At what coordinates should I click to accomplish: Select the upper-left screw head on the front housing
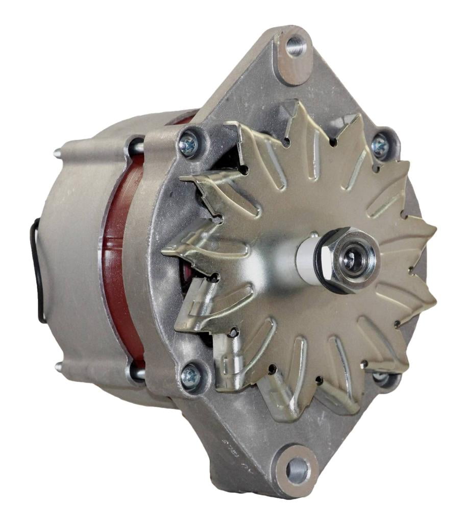188,146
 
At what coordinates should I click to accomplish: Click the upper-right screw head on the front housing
380,146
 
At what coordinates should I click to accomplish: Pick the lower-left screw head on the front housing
190,377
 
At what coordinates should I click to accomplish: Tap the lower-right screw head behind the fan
380,377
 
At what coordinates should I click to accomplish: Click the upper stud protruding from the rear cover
58,152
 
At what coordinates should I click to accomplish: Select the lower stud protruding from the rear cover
59,366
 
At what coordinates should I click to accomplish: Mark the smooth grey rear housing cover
71,255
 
